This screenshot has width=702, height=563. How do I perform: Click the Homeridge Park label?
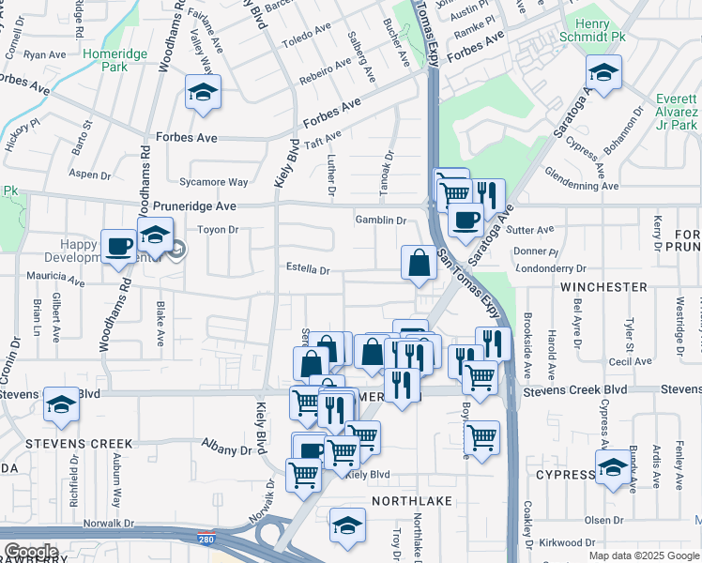pos(118,60)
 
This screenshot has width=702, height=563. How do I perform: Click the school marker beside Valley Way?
pos(203,94)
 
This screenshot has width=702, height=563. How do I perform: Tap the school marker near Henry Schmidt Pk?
pos(603,71)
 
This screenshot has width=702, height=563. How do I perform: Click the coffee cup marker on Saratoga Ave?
pos(465,221)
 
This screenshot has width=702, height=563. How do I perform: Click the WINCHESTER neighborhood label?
pos(604,286)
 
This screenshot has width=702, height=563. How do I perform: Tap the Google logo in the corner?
pos(31,552)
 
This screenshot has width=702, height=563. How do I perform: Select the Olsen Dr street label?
pos(603,519)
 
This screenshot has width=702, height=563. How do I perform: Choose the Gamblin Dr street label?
pos(380,221)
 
